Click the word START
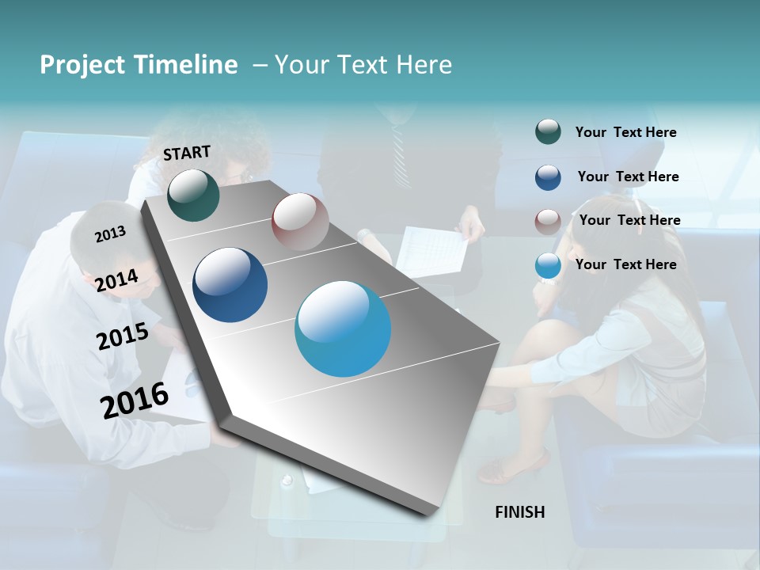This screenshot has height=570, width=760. click(187, 153)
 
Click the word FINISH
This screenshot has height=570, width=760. click(519, 512)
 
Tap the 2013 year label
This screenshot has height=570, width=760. click(110, 234)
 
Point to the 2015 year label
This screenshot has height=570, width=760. click(122, 336)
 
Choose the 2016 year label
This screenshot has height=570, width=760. click(135, 400)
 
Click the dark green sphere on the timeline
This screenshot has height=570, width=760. click(193, 195)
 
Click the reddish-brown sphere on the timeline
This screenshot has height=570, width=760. click(300, 222)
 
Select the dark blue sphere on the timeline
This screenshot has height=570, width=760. click(230, 285)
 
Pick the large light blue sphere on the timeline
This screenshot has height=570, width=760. click(343, 329)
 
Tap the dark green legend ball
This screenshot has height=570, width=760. click(548, 132)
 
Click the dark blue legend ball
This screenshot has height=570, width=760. click(548, 177)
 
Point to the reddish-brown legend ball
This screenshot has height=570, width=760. click(548, 222)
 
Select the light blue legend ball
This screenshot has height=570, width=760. click(548, 266)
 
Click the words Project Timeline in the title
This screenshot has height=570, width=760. click(139, 65)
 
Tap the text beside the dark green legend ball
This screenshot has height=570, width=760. click(625, 132)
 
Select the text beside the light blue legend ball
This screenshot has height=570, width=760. click(625, 264)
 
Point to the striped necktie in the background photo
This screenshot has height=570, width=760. click(397, 142)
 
